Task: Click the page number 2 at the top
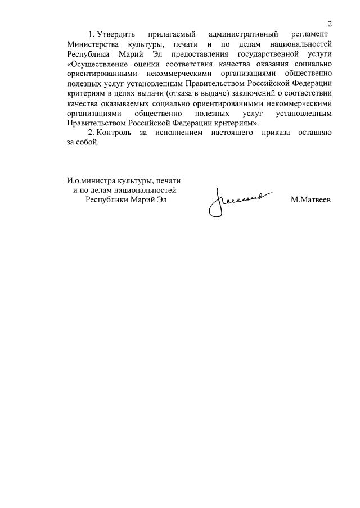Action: click(x=330, y=24)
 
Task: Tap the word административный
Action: click(x=244, y=35)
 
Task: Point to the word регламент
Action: click(x=312, y=35)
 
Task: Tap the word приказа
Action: click(x=295, y=133)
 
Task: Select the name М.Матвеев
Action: click(x=311, y=199)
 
